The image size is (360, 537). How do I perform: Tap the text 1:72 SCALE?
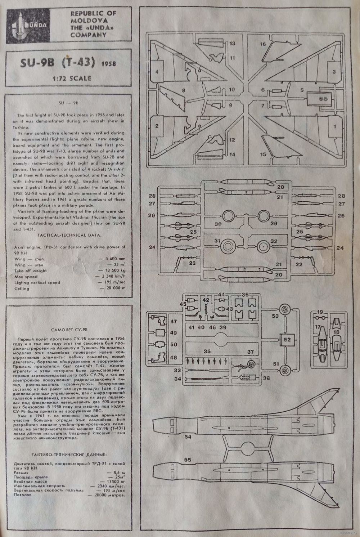tap(71, 78)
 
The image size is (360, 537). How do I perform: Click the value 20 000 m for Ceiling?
tap(113, 288)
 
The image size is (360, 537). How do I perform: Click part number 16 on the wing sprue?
tap(263, 44)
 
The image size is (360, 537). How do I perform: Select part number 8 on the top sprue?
tap(184, 90)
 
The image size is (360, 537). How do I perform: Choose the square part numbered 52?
tap(287, 339)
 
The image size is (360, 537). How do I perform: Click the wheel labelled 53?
tap(285, 309)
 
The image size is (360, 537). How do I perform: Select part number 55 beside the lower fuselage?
tap(188, 460)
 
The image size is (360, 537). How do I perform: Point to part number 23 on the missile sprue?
tap(192, 263)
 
